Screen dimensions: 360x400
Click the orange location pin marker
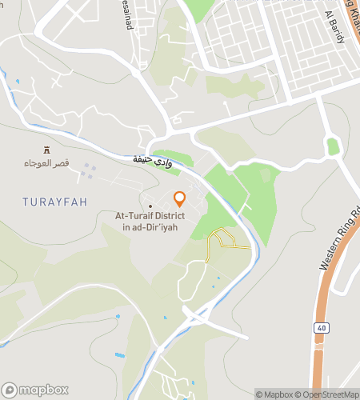(x=180, y=198)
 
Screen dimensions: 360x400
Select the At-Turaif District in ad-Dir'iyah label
(x=150, y=221)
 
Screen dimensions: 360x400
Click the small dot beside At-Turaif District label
(x=150, y=206)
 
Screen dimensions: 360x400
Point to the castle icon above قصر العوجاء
(x=46, y=150)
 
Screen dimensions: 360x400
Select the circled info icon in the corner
(x=260, y=394)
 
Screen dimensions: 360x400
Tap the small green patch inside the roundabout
(x=333, y=146)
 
